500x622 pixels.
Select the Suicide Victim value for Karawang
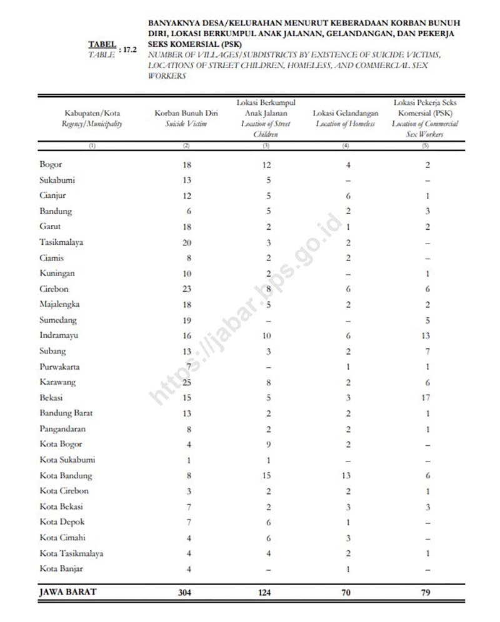pos(188,382)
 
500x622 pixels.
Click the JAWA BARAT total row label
pos(68,592)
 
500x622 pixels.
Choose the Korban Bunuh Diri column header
pos(186,113)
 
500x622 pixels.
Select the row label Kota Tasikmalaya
pos(71,553)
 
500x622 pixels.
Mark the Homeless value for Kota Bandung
pos(347,475)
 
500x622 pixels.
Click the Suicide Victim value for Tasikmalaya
pos(188,242)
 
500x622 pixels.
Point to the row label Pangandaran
pos(62,429)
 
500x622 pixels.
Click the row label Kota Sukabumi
pos(67,460)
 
